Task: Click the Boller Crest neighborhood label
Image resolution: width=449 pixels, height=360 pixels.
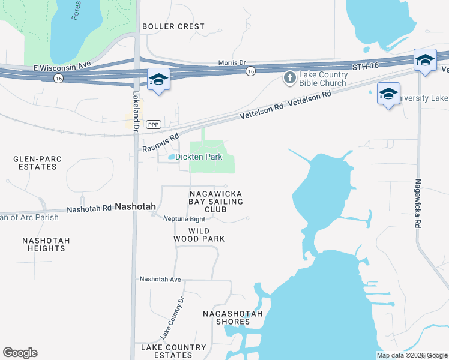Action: click(x=173, y=26)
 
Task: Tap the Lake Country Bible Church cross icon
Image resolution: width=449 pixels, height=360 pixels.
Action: click(x=290, y=78)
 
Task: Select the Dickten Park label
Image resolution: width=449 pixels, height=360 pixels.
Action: click(x=199, y=157)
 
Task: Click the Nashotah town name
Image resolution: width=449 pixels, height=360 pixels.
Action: click(x=135, y=206)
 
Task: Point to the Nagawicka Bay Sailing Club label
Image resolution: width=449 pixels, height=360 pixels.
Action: click(x=216, y=202)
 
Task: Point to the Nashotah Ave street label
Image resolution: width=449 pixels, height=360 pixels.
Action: click(x=160, y=279)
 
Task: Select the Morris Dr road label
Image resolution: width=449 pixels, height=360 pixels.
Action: click(x=232, y=62)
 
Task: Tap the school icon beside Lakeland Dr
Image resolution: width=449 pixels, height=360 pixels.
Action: click(x=159, y=80)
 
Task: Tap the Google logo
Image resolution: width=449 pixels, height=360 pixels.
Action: click(x=20, y=352)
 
